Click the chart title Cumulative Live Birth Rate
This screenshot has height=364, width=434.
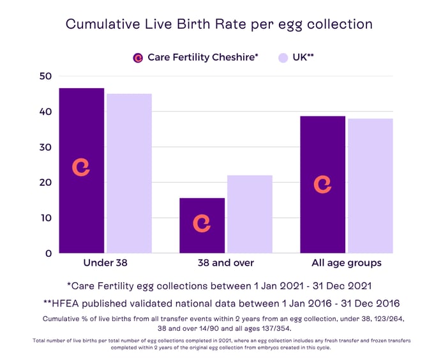coord(219,25)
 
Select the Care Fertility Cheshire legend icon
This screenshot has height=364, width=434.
coord(138,57)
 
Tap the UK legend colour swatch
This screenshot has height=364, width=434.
coord(283,57)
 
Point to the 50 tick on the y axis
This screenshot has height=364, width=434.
coord(45,76)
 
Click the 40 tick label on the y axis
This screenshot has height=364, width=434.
coord(45,112)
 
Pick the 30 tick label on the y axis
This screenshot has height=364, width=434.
coord(45,147)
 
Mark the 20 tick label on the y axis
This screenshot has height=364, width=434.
coord(45,183)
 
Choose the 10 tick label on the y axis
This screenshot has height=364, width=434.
coord(45,218)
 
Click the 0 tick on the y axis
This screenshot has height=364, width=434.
coord(48,254)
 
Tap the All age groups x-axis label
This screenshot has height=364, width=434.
coord(347,263)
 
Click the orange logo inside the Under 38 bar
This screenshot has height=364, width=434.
coord(81,167)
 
